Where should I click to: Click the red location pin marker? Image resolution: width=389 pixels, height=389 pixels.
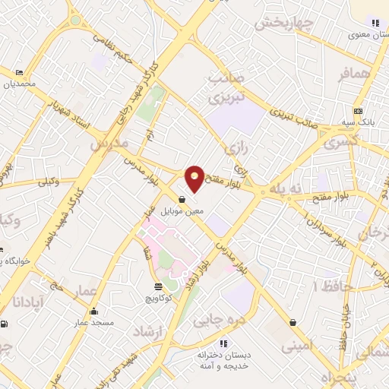[x=194, y=178]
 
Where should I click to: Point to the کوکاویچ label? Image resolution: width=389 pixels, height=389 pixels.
[x=158, y=299]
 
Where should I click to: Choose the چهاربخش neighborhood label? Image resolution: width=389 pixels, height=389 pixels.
[x=283, y=24]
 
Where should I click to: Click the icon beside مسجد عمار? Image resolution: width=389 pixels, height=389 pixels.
[x=93, y=311]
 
